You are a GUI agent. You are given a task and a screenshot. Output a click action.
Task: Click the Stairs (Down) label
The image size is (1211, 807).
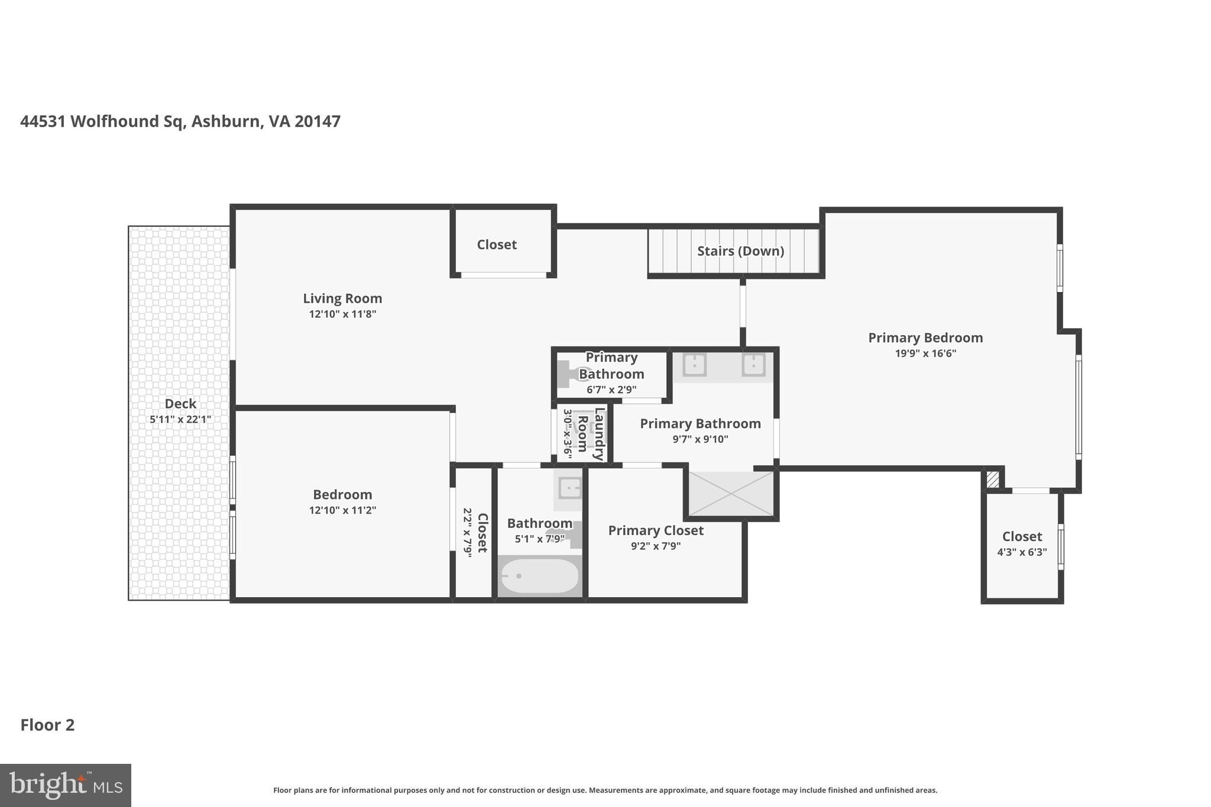740,251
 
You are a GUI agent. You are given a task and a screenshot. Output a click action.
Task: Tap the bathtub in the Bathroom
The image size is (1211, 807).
539,576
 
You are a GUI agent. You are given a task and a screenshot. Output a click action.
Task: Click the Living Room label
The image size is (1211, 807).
342,299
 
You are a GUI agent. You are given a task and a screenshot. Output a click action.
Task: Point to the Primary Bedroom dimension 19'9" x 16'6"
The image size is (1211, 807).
925,354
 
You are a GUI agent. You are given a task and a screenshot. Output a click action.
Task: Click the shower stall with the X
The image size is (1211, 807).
731,494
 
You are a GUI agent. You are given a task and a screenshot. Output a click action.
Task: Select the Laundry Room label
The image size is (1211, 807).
591,433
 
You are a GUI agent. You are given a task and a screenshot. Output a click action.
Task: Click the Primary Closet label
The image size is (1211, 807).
656,530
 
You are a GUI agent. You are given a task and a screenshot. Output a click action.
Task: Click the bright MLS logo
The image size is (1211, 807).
66,785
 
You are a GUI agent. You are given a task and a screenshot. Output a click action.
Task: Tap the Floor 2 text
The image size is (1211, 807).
48,725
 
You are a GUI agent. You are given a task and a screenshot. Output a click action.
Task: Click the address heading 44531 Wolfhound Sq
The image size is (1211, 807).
180,121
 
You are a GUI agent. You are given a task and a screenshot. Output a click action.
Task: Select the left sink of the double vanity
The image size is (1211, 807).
694,365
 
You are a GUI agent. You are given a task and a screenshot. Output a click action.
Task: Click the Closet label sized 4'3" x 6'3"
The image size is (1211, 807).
1022,537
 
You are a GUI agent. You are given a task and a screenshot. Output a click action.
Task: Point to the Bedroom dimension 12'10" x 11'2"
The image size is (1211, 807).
342,510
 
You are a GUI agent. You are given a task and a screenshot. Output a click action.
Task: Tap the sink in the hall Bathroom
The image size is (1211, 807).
569,488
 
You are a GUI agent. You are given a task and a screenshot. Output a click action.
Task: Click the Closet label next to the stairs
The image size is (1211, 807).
497,245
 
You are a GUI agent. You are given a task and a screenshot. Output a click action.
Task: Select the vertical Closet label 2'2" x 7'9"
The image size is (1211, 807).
482,533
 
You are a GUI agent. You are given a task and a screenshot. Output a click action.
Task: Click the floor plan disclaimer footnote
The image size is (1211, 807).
605,790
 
